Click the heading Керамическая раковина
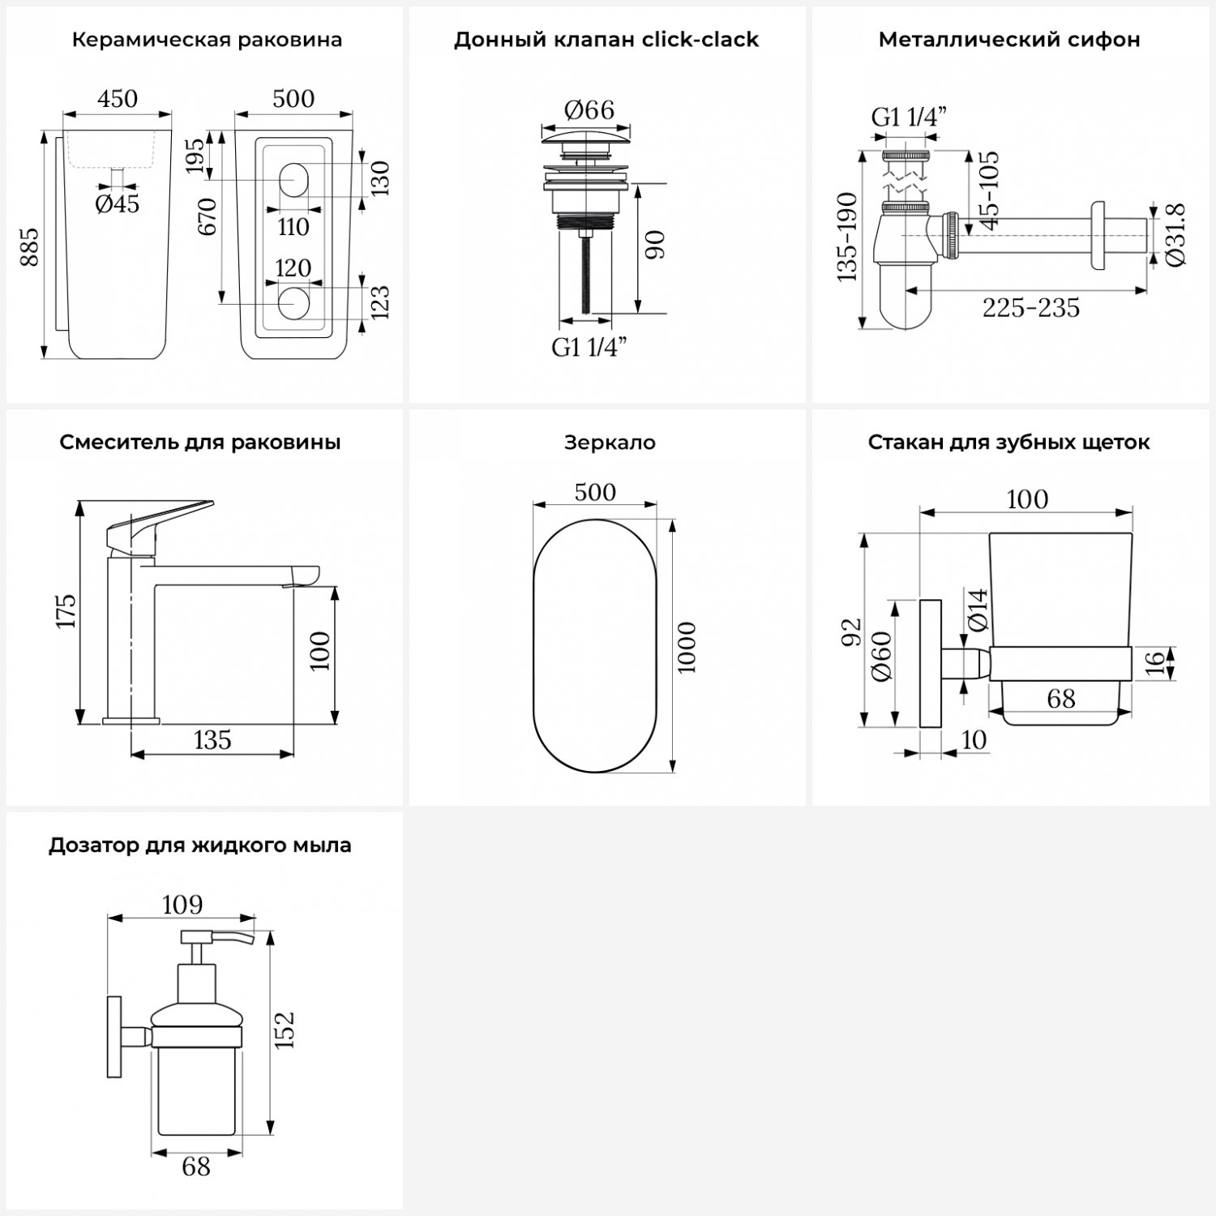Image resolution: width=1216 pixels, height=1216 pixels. click(x=207, y=40)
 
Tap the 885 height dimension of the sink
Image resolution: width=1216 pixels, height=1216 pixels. click(x=28, y=247)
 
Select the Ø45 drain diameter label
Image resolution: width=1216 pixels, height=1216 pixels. click(x=118, y=203)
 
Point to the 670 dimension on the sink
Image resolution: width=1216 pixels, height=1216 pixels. click(x=207, y=216)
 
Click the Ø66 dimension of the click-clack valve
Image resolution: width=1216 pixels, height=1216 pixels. click(x=589, y=109)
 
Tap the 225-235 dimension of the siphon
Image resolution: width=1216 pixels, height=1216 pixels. click(x=1031, y=308)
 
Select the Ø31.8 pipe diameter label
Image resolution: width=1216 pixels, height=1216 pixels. click(x=1177, y=234)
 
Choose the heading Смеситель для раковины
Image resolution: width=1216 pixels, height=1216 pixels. click(x=200, y=443)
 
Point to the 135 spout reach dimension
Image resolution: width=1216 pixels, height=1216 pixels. click(x=212, y=740)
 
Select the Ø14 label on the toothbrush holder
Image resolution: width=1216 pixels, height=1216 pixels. click(x=978, y=610)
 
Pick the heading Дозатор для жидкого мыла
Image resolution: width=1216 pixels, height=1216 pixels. click(x=200, y=846)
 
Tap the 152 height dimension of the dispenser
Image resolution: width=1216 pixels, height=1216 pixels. click(x=284, y=1030)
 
